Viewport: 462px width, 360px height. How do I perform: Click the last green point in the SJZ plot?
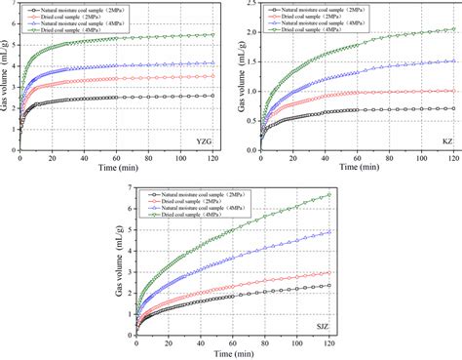point(329,194)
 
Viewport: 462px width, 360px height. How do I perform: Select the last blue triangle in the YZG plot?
point(212,62)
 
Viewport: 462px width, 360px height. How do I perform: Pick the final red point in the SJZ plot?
point(329,273)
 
